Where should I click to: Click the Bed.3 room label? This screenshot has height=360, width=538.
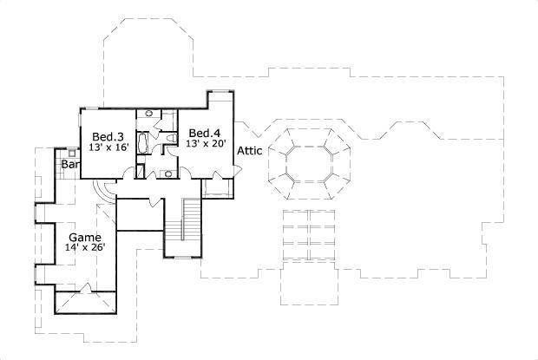tap(108, 136)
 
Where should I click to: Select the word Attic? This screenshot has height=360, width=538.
tap(250, 150)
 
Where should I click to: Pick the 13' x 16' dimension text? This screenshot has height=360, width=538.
tap(108, 147)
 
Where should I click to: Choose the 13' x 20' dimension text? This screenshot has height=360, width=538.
tap(205, 143)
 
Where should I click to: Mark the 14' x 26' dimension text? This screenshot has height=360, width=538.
tap(84, 247)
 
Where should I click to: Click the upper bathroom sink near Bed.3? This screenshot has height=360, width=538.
tap(147, 114)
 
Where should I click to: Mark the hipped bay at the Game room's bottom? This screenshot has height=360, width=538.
tap(83, 303)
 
